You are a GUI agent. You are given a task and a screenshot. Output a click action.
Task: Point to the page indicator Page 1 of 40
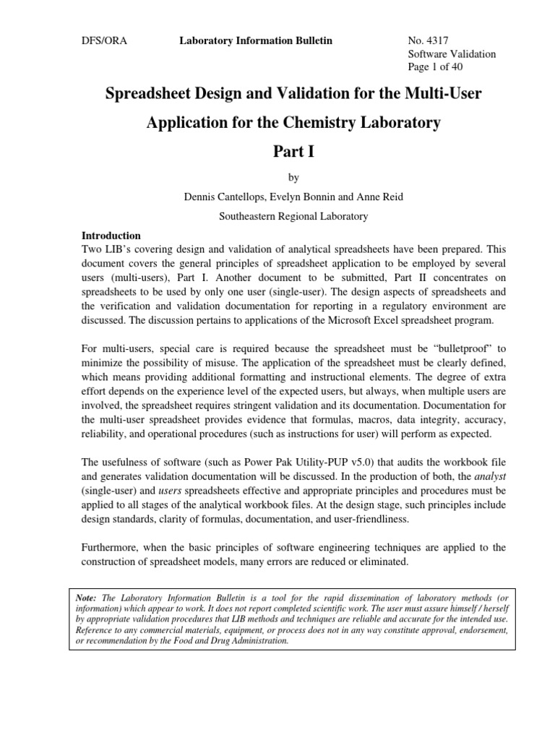click(x=436, y=67)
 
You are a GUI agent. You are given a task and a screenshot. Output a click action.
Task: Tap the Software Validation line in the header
click(x=452, y=54)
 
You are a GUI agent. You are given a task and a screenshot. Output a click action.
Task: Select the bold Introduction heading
click(x=111, y=236)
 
